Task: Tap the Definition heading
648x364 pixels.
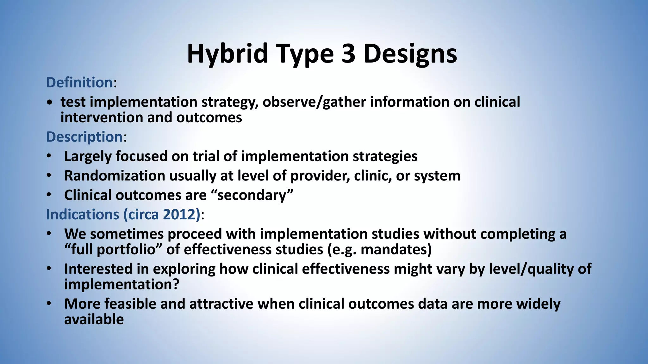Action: click(79, 82)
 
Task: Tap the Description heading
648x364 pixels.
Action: click(84, 137)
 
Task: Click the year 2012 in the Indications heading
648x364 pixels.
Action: click(180, 215)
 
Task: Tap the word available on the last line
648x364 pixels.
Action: click(94, 319)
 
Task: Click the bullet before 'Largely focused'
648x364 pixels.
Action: click(48, 156)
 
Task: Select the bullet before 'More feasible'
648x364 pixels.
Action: click(48, 304)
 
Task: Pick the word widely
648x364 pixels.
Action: click(538, 304)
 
